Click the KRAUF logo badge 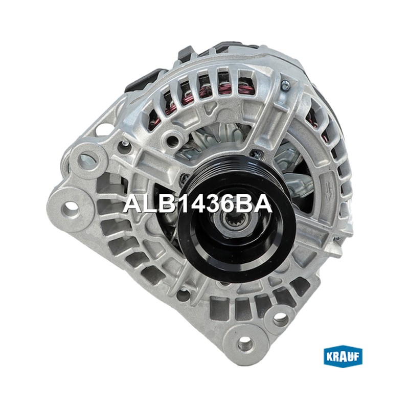coord(343,357)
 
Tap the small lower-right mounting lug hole coord(280,317)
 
